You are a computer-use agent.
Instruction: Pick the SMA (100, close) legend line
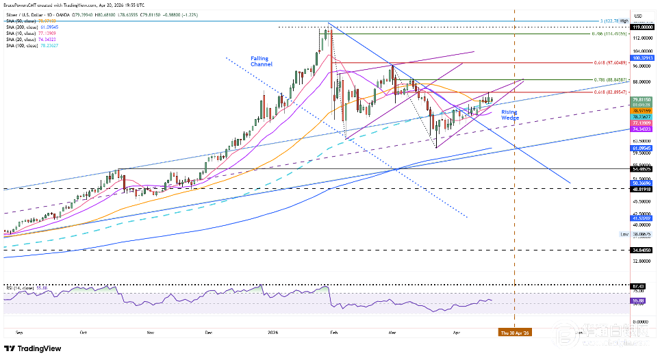coord(29,45)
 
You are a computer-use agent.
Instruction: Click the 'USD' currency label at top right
coord(639,16)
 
